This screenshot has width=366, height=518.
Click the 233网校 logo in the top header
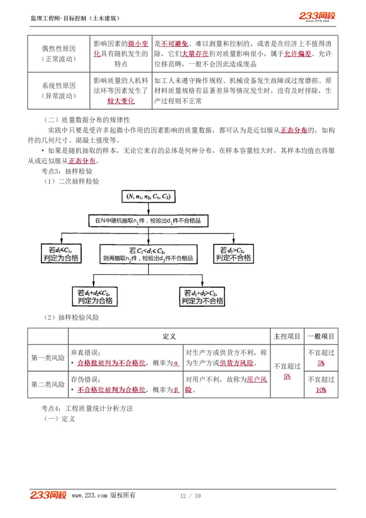(317, 16)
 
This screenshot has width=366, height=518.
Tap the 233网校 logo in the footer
(48, 495)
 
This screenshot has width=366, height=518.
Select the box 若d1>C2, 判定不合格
(233, 254)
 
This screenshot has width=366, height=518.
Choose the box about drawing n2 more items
(147, 254)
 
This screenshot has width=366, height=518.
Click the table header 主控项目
(287, 336)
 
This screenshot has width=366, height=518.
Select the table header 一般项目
(321, 336)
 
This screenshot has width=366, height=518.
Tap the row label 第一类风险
(48, 358)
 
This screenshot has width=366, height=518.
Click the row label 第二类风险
(48, 384)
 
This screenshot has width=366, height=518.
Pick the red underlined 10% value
(321, 390)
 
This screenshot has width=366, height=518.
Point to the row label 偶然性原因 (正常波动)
(59, 54)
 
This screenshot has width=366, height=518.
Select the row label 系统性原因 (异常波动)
(59, 91)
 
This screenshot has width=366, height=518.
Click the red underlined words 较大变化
(121, 101)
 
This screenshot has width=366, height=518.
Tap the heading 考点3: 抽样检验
(67, 171)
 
